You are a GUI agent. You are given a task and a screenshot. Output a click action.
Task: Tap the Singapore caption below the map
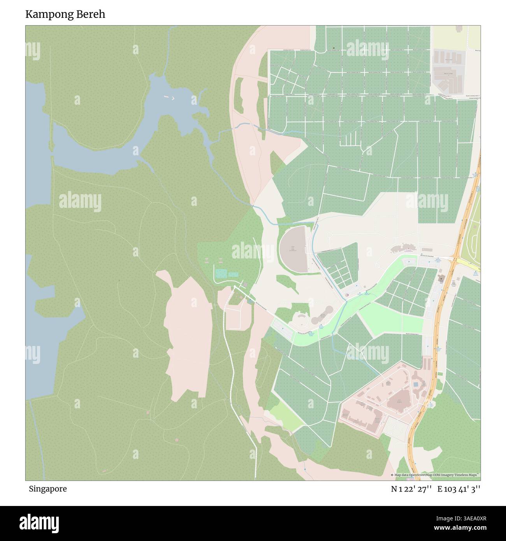click(47, 489)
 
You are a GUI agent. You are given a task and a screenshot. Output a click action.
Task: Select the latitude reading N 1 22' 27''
click(411, 489)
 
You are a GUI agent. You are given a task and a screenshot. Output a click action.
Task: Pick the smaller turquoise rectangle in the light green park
click(233, 275)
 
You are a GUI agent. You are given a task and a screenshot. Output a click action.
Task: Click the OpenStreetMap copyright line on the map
click(435, 475)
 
